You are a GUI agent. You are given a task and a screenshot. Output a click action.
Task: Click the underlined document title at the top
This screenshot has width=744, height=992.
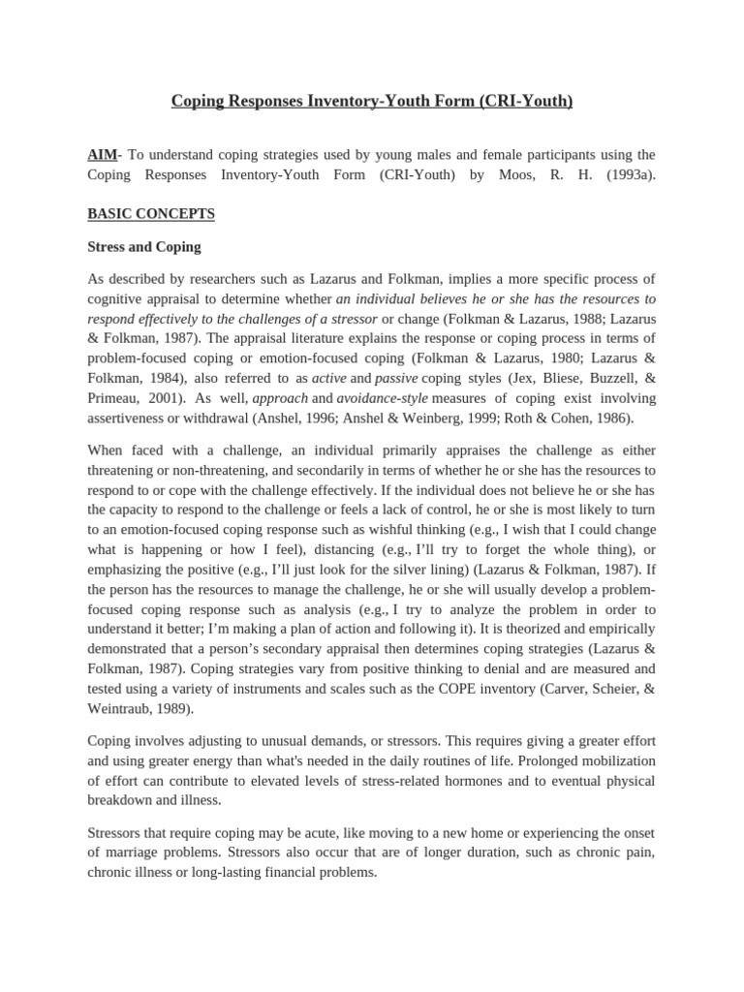[372, 101]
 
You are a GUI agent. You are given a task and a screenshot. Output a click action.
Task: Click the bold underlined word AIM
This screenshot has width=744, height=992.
[102, 155]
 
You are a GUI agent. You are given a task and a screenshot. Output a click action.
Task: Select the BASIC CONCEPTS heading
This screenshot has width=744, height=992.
[151, 213]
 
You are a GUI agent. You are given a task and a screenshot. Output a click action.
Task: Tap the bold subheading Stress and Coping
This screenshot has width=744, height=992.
[144, 247]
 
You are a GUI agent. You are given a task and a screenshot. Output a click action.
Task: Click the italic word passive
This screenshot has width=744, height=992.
[395, 378]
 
